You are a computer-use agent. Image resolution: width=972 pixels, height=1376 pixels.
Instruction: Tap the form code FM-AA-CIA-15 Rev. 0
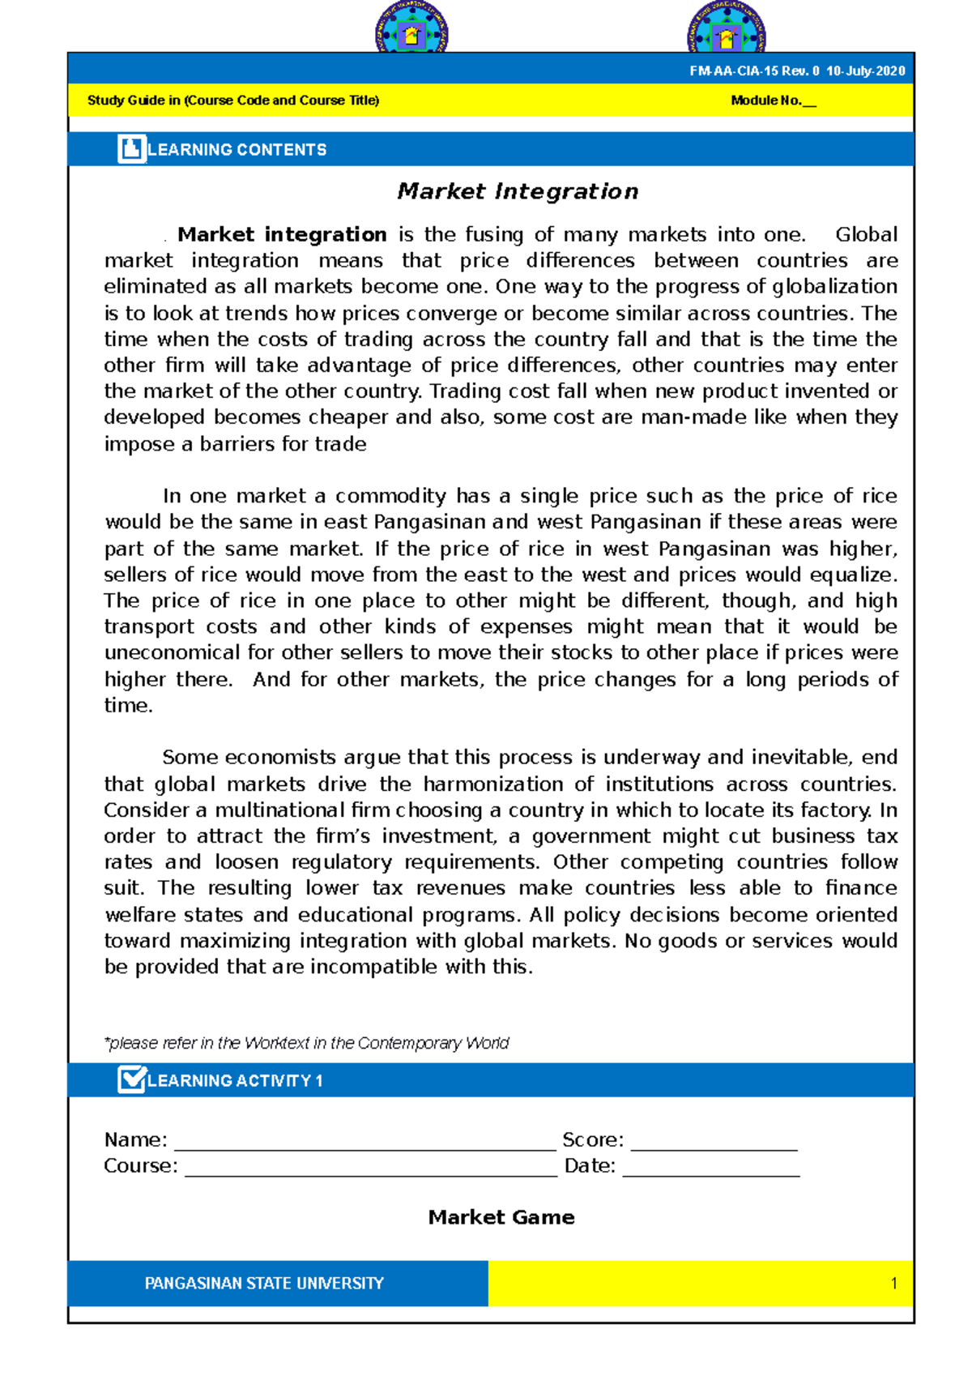click(754, 71)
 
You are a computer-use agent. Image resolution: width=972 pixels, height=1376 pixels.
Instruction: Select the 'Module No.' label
click(765, 100)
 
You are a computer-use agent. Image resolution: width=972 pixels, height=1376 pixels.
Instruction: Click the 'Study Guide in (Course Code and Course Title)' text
click(233, 100)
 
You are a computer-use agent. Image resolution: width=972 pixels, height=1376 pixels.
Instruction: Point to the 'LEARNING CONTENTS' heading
click(237, 150)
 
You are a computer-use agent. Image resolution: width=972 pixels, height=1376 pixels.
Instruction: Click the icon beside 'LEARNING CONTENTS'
click(131, 149)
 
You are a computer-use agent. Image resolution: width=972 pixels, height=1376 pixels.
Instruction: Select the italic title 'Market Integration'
click(518, 192)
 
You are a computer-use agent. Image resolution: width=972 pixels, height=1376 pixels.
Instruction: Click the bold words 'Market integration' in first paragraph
click(282, 235)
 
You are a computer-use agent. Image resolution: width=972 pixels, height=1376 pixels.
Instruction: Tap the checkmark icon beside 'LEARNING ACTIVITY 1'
click(131, 1080)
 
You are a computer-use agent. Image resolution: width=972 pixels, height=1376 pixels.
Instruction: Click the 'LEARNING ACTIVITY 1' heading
click(235, 1081)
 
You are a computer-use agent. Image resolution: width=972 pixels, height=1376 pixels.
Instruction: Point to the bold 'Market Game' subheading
click(501, 1217)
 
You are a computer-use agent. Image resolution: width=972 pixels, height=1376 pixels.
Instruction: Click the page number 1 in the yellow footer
click(893, 1284)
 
